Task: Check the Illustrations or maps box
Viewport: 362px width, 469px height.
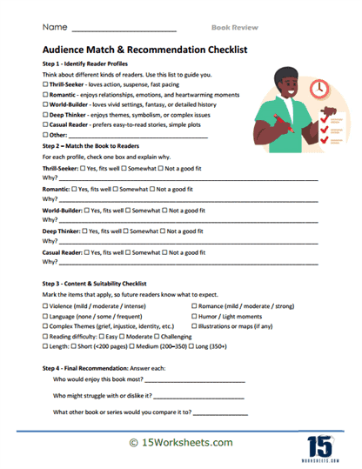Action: point(193,326)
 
